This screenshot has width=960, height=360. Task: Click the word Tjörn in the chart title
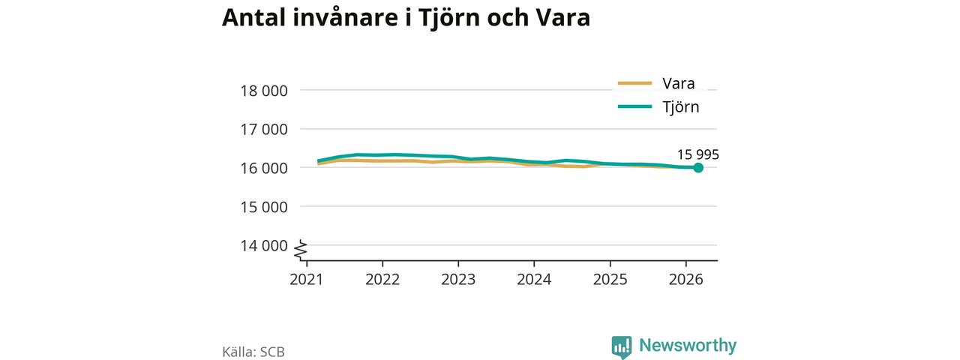[x=448, y=18]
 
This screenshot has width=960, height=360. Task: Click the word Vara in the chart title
[x=562, y=17]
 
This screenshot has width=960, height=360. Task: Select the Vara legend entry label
[x=679, y=83]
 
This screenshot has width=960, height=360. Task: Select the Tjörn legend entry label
[x=680, y=106]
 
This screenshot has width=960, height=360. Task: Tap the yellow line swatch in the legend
[x=634, y=83]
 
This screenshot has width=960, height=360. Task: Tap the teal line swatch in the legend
[x=634, y=106]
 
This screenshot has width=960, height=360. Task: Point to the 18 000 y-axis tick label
[x=264, y=91]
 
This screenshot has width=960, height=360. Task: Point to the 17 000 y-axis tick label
[x=264, y=130]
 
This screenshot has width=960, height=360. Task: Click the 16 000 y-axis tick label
[x=264, y=169]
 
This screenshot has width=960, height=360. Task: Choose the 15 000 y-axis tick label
[x=264, y=207]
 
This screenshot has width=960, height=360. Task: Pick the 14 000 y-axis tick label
[x=264, y=245]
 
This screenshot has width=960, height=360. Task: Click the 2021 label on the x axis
[x=307, y=280]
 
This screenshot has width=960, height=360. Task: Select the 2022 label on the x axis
[x=382, y=280]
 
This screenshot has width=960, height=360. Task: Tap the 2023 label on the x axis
[x=458, y=280]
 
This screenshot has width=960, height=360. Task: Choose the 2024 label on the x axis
[x=534, y=280]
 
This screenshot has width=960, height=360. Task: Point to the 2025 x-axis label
[x=610, y=280]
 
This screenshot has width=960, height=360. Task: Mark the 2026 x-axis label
[x=685, y=280]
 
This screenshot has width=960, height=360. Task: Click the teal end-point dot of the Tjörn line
[x=698, y=167]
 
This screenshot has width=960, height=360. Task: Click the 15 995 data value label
[x=697, y=154]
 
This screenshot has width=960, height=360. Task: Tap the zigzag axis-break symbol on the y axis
[x=301, y=250]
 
